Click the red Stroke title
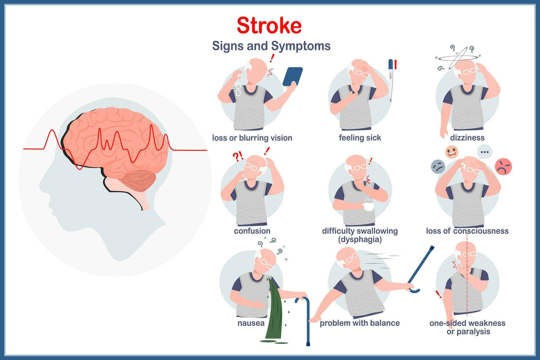pos(269,26)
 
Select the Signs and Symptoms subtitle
pos(271,46)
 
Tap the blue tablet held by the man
pos(292,76)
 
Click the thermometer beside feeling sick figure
pos(391,80)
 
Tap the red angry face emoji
pos(503,167)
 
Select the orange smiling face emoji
pos(452,152)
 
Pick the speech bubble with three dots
pos(485,152)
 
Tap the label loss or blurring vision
pos(252,138)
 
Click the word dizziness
pos(467,138)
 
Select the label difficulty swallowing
pos(360,231)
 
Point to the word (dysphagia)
pos(360,239)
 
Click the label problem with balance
pos(360,323)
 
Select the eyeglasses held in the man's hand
pos(238,86)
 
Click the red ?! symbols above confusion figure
pos(238,156)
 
